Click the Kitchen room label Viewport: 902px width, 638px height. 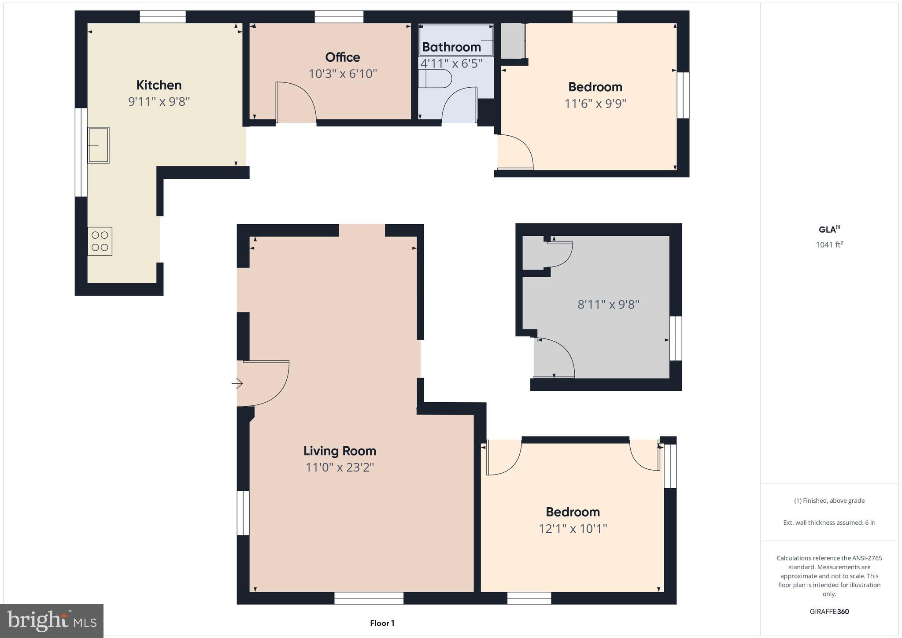159,85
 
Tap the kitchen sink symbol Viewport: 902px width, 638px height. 98,145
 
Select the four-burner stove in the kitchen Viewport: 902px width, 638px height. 100,241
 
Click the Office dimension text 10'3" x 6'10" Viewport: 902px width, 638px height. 343,74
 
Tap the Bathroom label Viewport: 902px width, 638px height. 451,47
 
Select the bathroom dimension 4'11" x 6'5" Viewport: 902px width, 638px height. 451,63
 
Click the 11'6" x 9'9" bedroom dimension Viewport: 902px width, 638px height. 595,104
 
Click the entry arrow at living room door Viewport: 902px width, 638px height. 237,384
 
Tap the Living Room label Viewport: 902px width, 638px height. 340,451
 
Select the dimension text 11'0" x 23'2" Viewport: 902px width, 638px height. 340,467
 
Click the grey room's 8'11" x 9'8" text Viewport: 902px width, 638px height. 608,304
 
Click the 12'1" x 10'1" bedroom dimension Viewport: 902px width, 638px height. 573,528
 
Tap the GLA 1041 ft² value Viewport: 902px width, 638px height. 829,245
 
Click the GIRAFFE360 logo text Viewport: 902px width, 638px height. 829,612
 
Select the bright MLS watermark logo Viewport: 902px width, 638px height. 52,621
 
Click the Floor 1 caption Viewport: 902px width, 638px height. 382,623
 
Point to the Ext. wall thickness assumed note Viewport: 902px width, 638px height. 829,523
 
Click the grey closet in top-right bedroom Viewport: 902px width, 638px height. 512,41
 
